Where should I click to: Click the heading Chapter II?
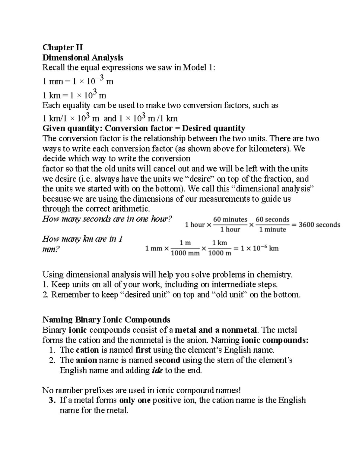62,47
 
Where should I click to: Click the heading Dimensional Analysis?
83,57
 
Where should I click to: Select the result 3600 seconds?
319,225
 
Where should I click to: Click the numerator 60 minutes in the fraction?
230,219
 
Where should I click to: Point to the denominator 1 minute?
272,230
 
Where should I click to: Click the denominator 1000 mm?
185,253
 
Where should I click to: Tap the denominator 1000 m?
220,253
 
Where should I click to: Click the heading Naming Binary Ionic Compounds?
106,319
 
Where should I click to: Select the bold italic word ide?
157,370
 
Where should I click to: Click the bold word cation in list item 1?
87,350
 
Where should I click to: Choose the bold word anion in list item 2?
86,360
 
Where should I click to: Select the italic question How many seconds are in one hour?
107,219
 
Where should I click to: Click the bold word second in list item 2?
167,360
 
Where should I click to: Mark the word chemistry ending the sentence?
276,275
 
